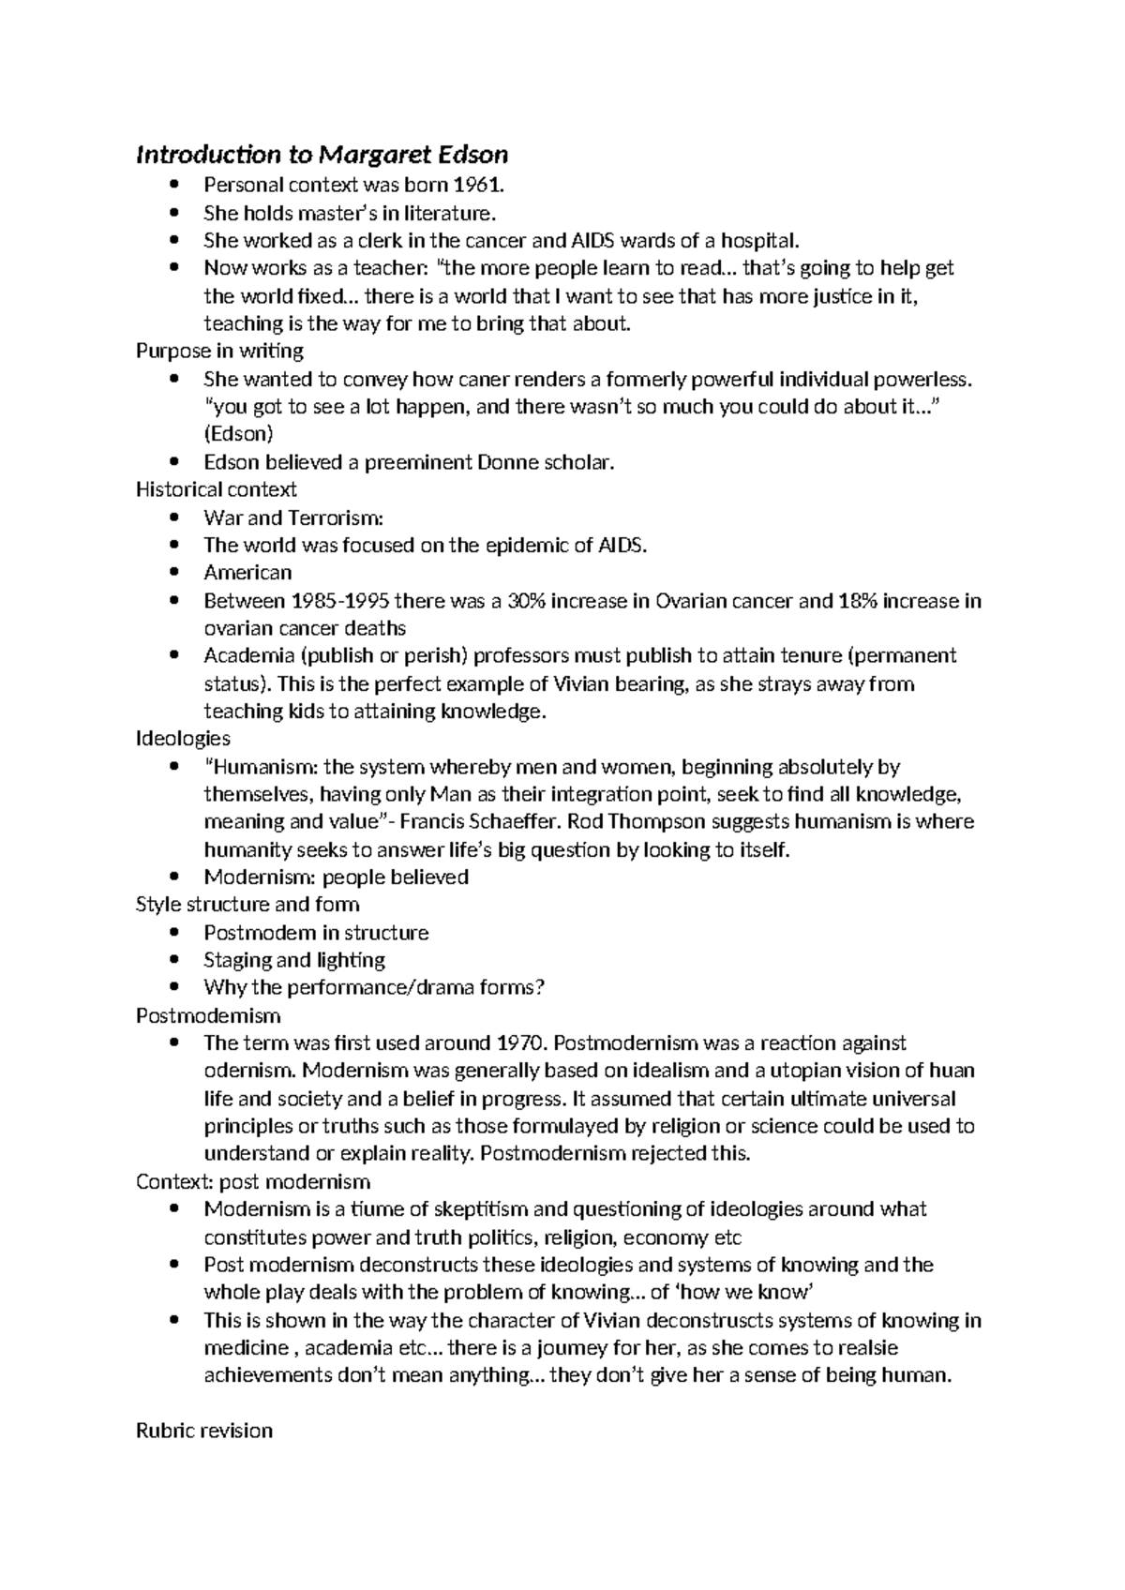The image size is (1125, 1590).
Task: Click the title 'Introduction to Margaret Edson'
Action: click(x=322, y=154)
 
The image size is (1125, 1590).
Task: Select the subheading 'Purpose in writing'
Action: click(x=219, y=351)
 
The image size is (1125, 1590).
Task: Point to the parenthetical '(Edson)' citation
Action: click(x=238, y=434)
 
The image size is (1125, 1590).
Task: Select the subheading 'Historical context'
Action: click(x=216, y=489)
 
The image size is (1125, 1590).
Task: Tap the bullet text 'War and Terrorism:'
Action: click(x=293, y=517)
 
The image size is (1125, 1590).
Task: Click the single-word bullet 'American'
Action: click(x=247, y=573)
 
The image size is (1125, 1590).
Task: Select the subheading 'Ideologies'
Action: click(x=183, y=739)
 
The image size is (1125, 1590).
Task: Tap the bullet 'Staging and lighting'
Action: click(x=294, y=960)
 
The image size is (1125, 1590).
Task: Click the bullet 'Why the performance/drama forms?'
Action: click(x=374, y=987)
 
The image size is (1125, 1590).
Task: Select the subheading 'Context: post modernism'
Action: click(x=253, y=1181)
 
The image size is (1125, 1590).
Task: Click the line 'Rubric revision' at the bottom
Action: click(x=204, y=1431)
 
